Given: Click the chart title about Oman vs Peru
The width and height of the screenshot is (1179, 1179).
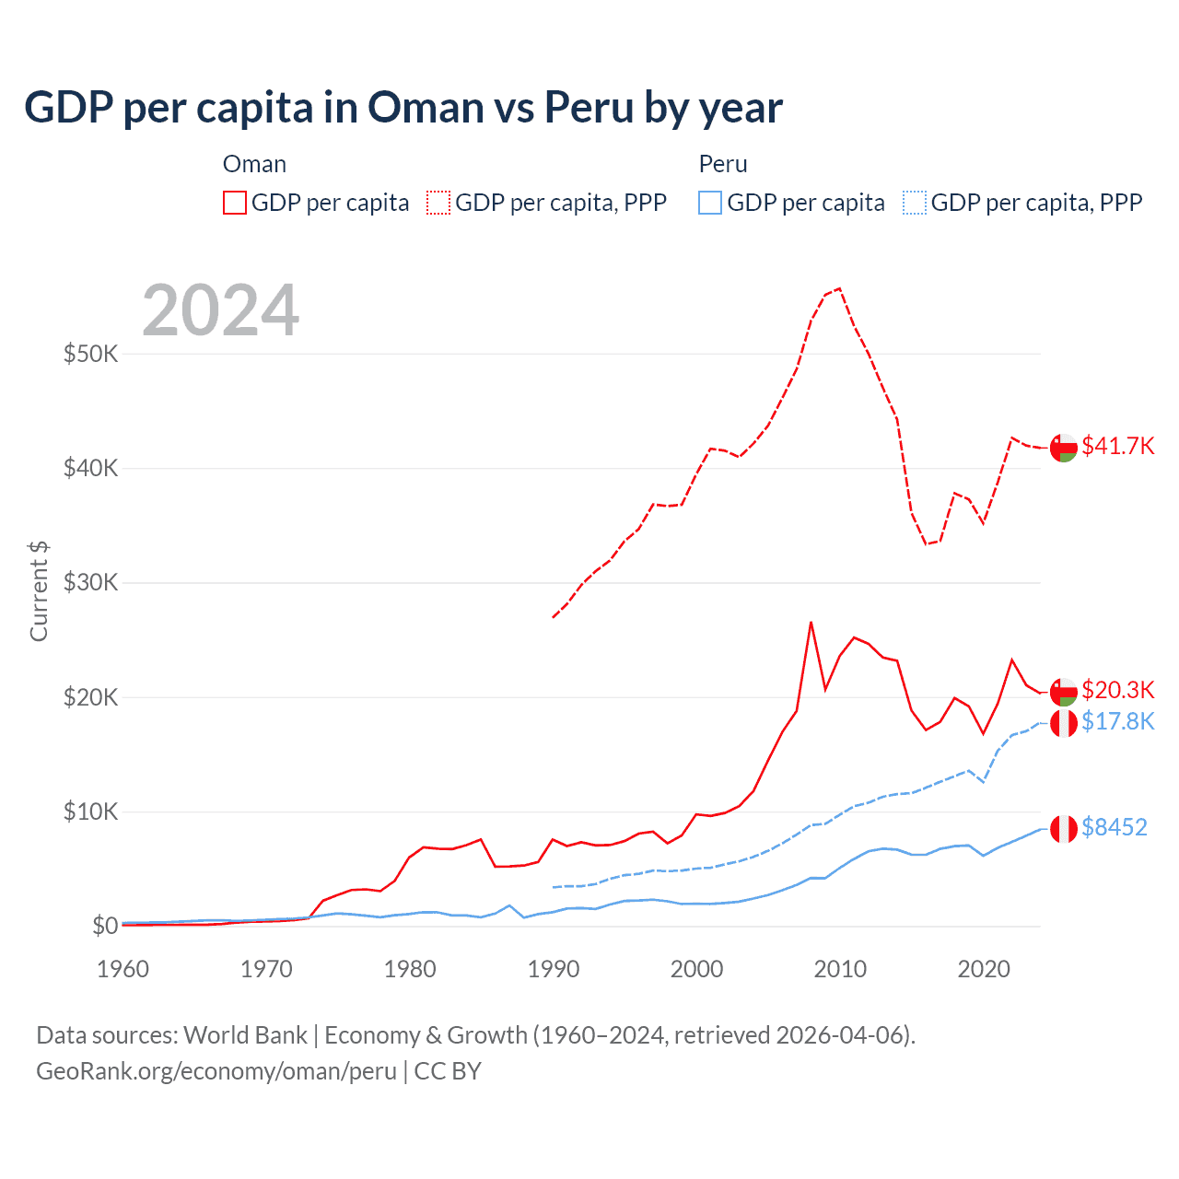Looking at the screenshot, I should (403, 108).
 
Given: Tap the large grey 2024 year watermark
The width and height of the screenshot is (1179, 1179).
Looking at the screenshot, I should (221, 310).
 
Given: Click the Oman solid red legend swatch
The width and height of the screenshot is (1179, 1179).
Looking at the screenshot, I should (235, 203).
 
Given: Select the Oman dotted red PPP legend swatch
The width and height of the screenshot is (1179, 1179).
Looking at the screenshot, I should (438, 203).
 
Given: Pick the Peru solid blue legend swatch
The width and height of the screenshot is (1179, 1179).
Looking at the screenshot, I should (710, 203).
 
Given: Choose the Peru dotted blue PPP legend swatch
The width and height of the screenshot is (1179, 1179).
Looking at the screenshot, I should (915, 203).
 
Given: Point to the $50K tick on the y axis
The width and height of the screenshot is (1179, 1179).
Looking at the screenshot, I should (90, 354).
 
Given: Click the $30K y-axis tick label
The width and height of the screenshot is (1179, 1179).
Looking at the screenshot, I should (90, 582).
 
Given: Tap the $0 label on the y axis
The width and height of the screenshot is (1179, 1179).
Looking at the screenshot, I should (104, 926).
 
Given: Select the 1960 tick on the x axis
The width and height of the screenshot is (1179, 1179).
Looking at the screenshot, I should (123, 969).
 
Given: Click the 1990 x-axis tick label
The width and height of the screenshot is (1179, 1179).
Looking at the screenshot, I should (554, 969).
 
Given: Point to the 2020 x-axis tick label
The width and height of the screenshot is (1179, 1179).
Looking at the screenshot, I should (984, 969).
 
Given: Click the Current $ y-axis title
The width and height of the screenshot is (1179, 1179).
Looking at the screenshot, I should (39, 591).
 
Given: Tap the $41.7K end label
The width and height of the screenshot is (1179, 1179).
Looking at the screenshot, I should (1117, 446).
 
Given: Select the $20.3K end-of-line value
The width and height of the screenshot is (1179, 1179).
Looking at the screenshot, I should (1117, 690).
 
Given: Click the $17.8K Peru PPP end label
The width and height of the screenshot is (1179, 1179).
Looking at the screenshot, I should (1117, 721).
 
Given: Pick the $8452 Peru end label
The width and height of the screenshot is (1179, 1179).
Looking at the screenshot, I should (1114, 827).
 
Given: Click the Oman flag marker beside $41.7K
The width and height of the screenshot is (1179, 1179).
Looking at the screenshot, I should (1064, 448).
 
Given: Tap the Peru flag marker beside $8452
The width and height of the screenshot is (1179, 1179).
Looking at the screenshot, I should (1064, 829).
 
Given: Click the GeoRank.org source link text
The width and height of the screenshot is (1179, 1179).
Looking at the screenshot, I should (216, 1071).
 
